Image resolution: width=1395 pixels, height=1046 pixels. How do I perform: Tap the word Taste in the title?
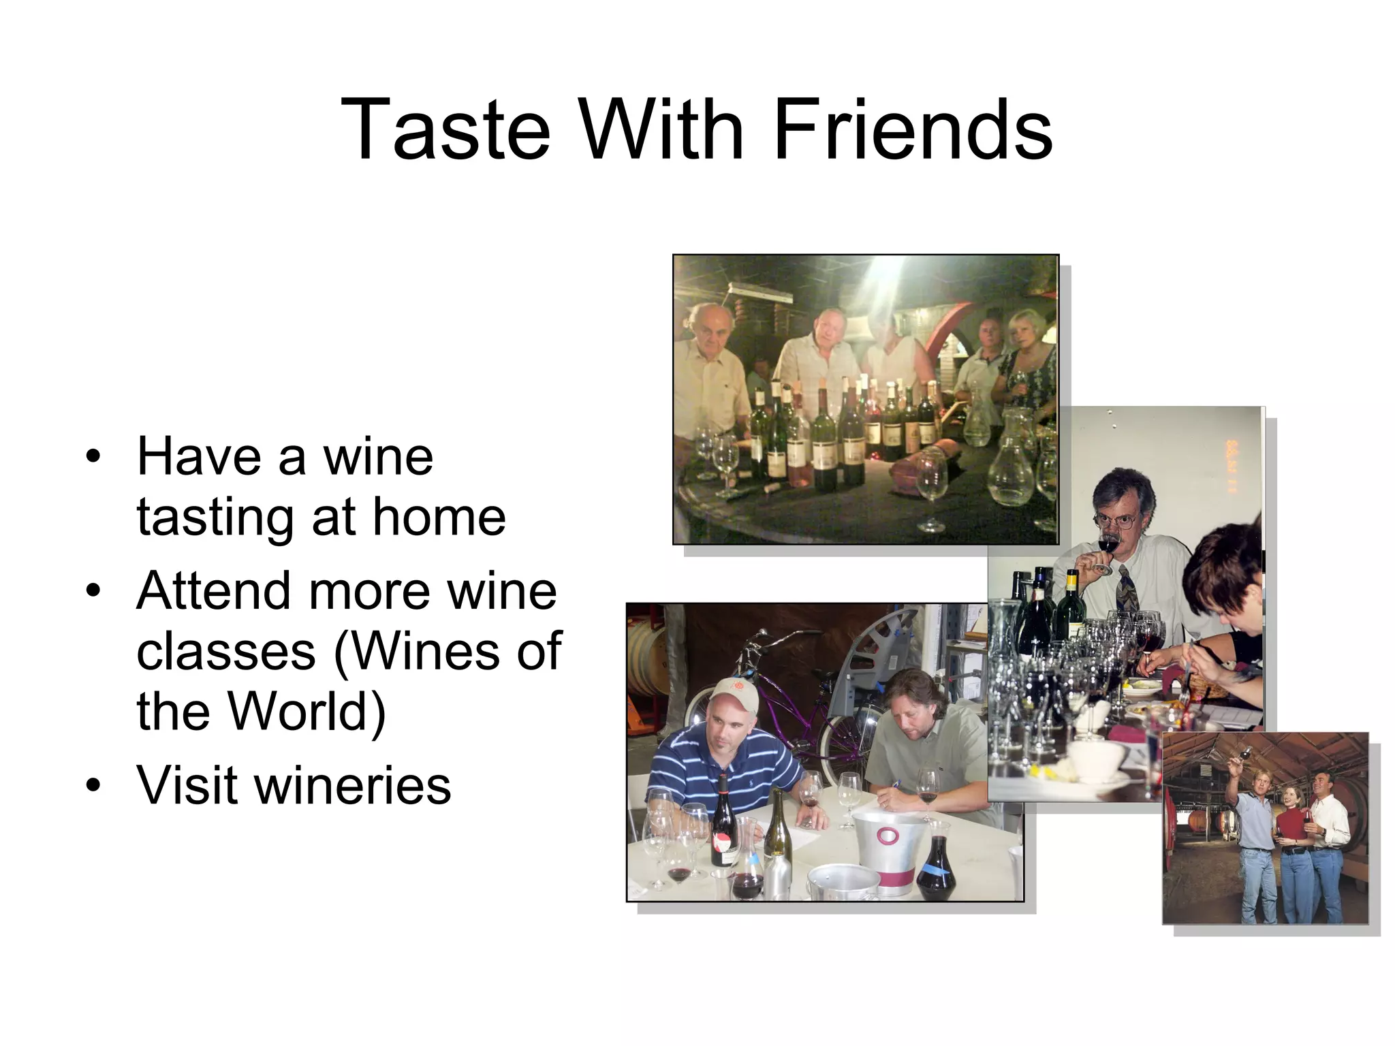click(x=445, y=129)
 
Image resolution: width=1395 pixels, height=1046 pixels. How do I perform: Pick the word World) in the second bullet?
click(x=307, y=711)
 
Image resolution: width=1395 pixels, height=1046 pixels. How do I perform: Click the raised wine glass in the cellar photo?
click(x=1246, y=752)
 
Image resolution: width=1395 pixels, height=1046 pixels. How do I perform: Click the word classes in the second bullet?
click(x=226, y=652)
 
